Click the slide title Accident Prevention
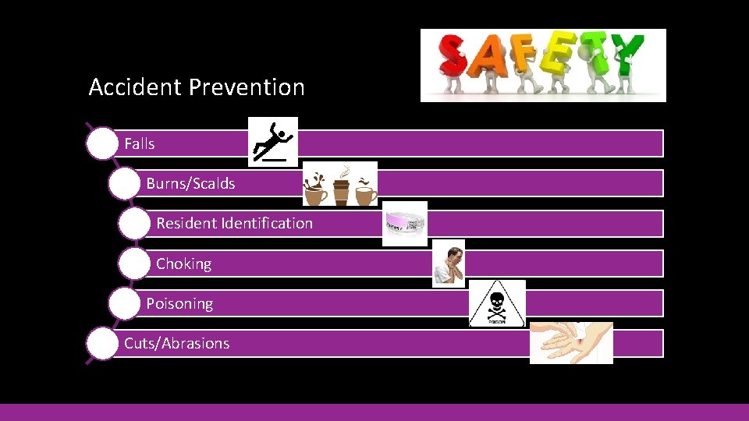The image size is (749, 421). tap(197, 87)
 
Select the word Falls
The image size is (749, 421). tap(140, 143)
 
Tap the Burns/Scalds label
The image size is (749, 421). tap(190, 184)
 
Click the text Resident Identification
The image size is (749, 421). tap(234, 224)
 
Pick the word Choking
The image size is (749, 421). tap(183, 264)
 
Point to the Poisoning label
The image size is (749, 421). tap(179, 304)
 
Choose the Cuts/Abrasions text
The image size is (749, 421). tap(176, 344)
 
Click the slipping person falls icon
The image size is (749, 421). tap(272, 142)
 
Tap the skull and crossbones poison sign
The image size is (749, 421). tap(497, 303)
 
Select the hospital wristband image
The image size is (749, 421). tap(405, 224)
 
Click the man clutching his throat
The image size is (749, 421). tap(449, 264)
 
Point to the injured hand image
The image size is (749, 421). tap(571, 343)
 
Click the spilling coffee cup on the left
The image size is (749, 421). tap(316, 189)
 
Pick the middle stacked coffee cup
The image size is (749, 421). tap(341, 190)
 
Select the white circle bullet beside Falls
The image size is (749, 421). tap(102, 144)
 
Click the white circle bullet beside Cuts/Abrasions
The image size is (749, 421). tap(102, 344)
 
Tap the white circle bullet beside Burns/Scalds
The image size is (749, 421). tap(124, 184)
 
